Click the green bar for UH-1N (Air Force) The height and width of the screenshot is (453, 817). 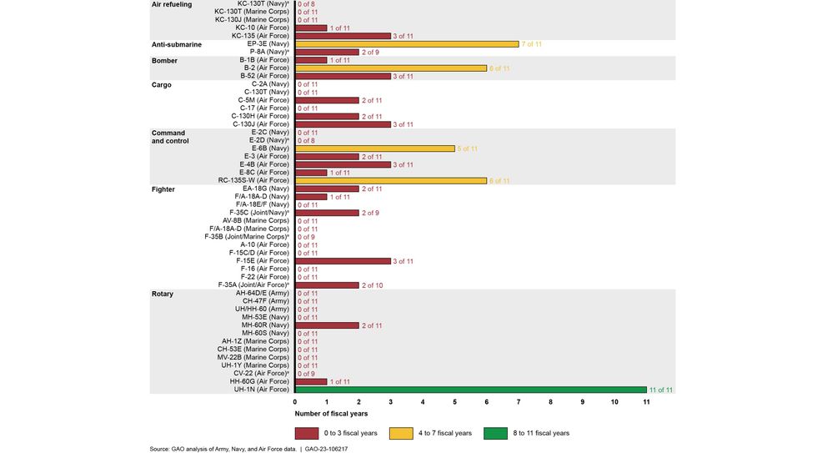pos(471,389)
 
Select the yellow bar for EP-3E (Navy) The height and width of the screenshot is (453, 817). pos(407,43)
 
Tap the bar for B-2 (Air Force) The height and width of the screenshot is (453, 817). pos(391,68)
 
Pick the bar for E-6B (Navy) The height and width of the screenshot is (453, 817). pos(375,148)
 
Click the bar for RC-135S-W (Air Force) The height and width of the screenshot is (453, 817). pos(391,180)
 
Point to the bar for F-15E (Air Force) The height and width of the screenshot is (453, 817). pos(343,261)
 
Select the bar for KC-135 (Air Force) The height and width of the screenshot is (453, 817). pos(343,36)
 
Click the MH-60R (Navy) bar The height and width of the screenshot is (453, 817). pos(327,325)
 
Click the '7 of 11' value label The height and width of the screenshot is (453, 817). pos(532,43)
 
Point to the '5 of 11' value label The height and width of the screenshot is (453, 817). pos(468,148)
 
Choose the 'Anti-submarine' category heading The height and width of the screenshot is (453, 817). pos(176,44)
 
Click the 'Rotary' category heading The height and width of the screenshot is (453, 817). pos(163,294)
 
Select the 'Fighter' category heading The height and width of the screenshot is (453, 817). pos(163,189)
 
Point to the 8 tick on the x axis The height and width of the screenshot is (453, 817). pos(550,401)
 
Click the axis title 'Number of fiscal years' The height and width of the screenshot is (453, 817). pos(331,413)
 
